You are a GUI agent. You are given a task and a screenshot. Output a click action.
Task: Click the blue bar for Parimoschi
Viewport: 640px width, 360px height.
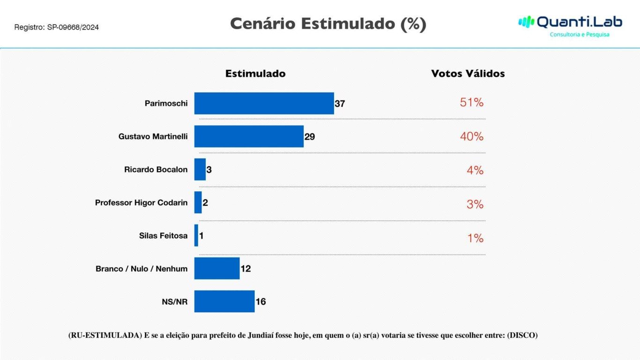[264, 103]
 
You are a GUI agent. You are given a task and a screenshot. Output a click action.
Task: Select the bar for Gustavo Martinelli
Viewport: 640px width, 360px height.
[249, 136]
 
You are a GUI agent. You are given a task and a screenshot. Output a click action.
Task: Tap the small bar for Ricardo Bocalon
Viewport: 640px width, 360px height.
[200, 169]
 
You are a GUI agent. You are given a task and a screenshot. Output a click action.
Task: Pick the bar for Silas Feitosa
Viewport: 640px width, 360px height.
[196, 235]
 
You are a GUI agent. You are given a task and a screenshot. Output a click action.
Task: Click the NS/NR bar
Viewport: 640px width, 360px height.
[224, 301]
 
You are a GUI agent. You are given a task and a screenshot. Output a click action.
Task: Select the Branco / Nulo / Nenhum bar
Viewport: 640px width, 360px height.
[217, 268]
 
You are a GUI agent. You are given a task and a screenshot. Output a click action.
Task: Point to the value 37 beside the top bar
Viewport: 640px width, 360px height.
[340, 104]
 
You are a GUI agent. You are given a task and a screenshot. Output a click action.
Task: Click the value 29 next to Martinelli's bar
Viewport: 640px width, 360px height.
[310, 137]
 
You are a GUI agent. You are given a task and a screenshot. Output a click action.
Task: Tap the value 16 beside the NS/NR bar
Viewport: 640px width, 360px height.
[260, 302]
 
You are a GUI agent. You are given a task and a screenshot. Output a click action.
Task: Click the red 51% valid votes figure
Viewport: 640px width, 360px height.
[471, 103]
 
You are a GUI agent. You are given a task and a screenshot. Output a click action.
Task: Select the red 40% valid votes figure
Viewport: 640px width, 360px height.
[471, 136]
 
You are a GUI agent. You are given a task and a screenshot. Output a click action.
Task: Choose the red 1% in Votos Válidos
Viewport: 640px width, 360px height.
[475, 238]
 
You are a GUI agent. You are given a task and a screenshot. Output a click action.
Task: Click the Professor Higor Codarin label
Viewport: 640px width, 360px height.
[141, 203]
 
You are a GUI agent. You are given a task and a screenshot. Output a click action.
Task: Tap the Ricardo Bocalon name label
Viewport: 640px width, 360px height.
[156, 170]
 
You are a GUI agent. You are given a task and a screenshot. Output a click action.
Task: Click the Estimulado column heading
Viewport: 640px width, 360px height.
[255, 74]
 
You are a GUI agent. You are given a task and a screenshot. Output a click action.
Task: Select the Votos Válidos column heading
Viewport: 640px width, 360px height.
[468, 74]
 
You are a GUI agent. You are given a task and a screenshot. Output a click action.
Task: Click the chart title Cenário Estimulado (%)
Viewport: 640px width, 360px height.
[328, 23]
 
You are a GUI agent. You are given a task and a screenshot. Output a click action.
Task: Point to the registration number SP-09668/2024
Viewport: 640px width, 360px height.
[73, 28]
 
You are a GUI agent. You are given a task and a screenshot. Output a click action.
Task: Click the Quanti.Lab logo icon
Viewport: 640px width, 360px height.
[526, 22]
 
